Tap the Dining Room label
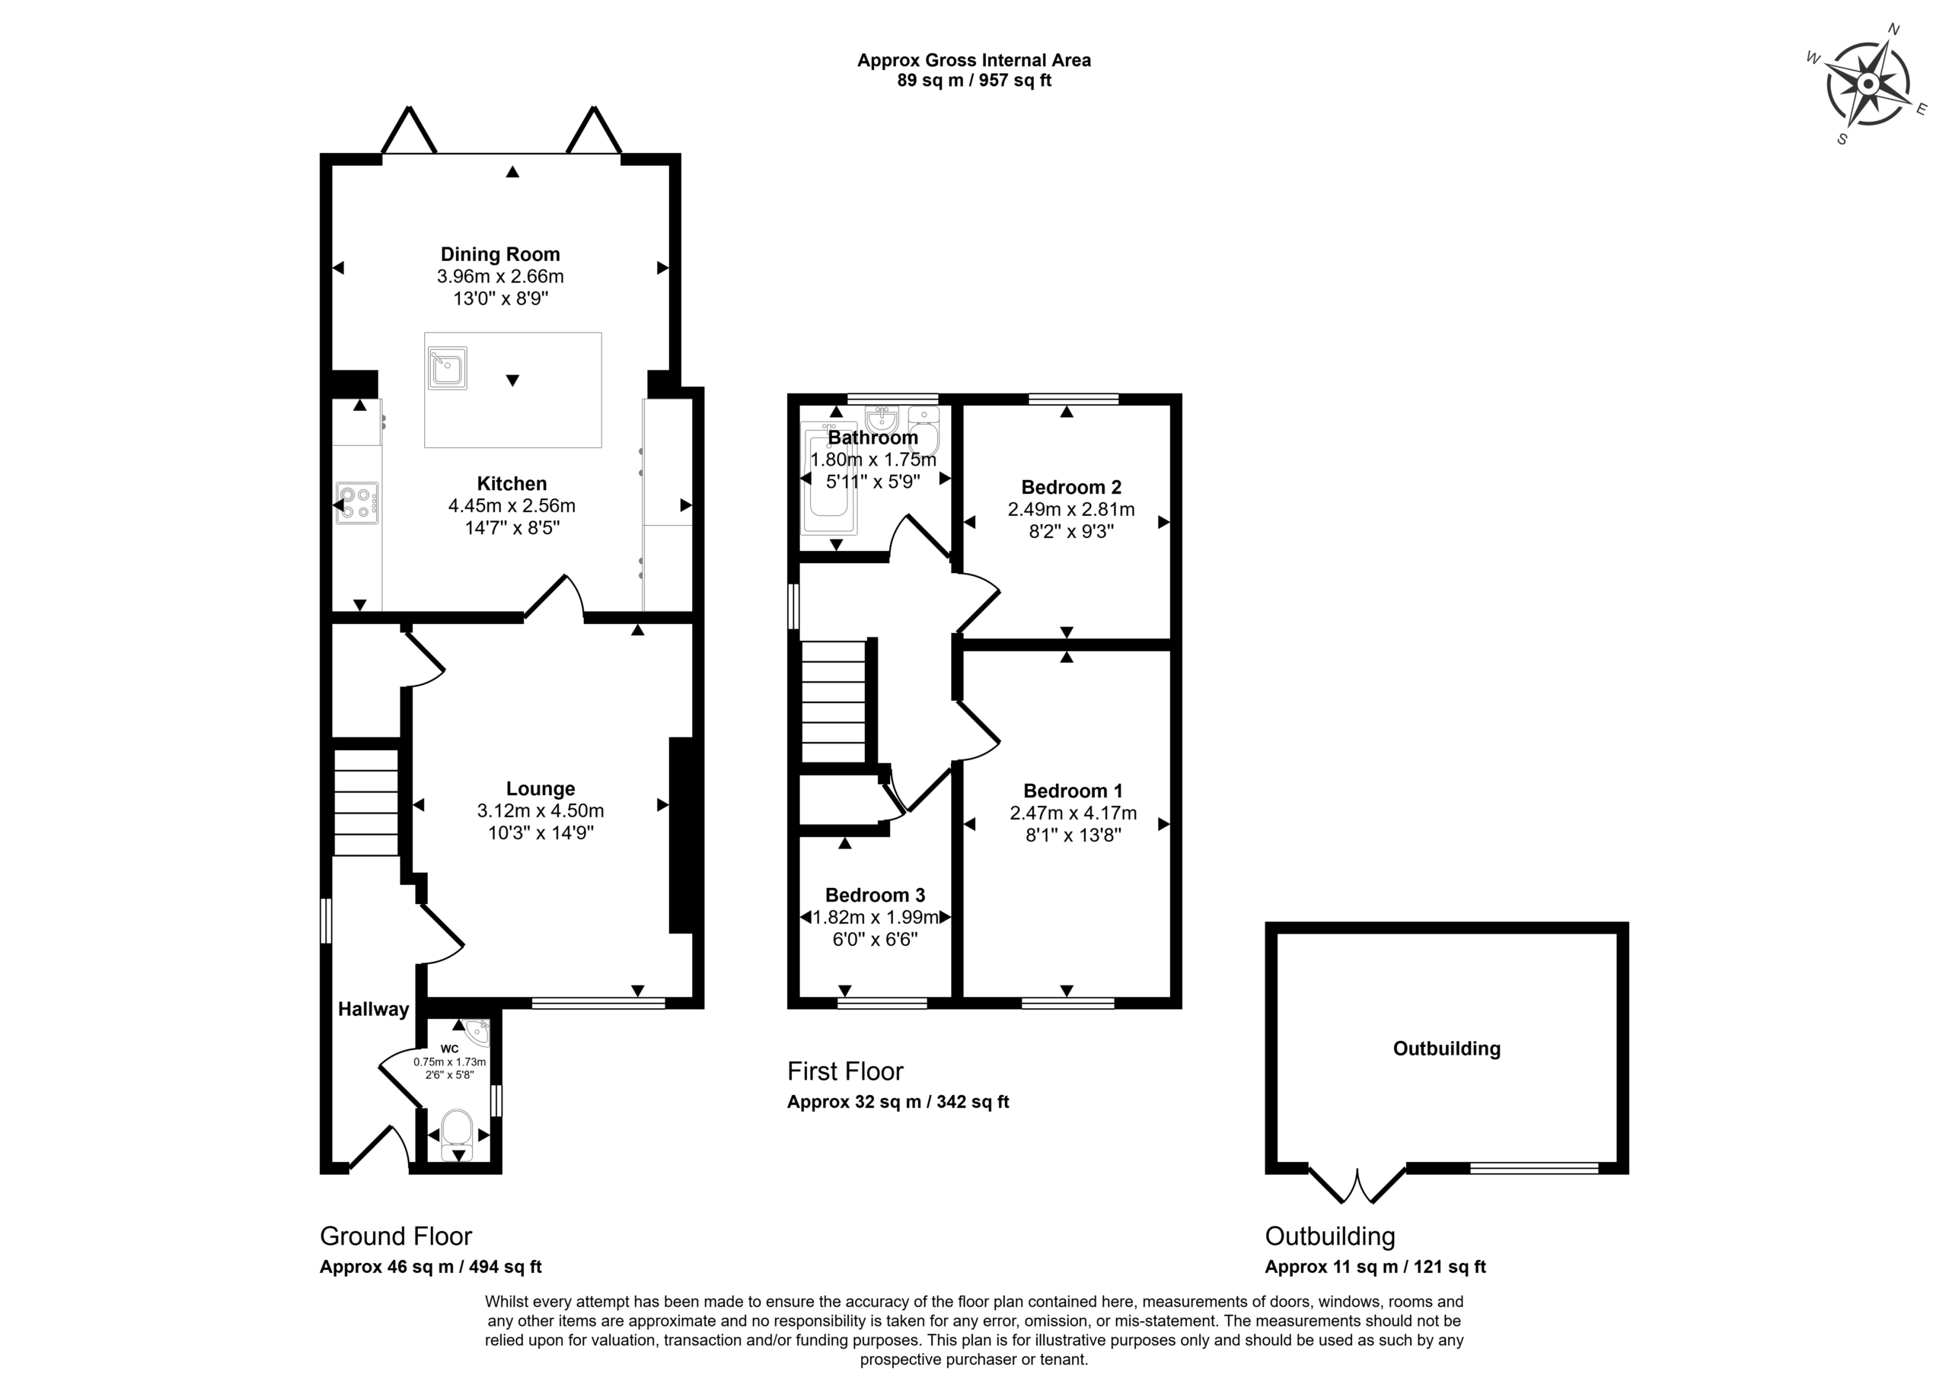pos(499,254)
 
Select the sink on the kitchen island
pos(446,368)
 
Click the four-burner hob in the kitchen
pos(357,503)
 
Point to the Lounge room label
pos(540,789)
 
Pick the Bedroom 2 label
pos(1070,488)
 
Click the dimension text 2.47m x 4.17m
pos(1073,813)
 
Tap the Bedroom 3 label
pos(875,896)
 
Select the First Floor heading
pos(845,1071)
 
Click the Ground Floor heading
pos(396,1236)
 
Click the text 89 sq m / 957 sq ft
pos(974,81)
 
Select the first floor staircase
pos(834,702)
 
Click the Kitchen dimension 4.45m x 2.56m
pos(512,505)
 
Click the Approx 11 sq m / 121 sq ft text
pos(1375,1266)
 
